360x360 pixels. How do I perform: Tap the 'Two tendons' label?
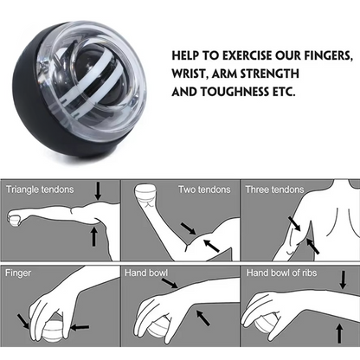pos(203,189)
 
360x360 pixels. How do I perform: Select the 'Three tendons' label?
pos(274,189)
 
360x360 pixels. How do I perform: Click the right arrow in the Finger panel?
pos(79,327)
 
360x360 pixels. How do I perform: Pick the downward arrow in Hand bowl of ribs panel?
pos(344,280)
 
